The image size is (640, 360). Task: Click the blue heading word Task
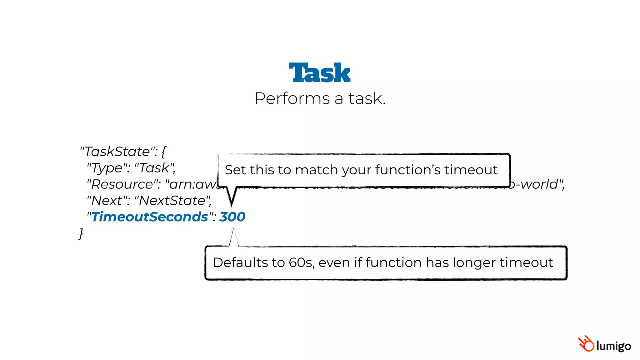pos(319,73)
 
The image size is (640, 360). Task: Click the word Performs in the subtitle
pos(292,99)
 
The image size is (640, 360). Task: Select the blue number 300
pos(232,217)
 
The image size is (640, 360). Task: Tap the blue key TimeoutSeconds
pos(150,217)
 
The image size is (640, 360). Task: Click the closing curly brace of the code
pos(81,233)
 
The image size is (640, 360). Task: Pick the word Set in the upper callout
pos(235,170)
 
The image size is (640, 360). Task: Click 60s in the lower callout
pos(301,262)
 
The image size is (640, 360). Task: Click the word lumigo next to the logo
pos(613,346)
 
